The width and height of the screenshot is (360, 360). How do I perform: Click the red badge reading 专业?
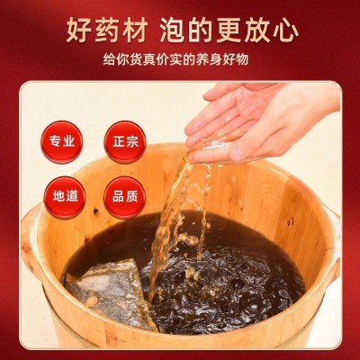tap(62, 141)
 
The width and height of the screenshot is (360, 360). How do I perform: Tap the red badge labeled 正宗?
tap(125, 141)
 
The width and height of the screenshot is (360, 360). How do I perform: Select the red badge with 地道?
tap(65, 197)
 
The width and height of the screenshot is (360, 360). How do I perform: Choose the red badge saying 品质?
tap(125, 197)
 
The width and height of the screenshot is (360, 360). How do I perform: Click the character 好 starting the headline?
tap(77, 31)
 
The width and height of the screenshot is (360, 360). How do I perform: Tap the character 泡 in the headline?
tap(172, 31)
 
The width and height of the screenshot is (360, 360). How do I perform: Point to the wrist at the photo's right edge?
tap(326, 105)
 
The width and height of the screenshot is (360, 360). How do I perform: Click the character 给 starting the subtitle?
tap(109, 59)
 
